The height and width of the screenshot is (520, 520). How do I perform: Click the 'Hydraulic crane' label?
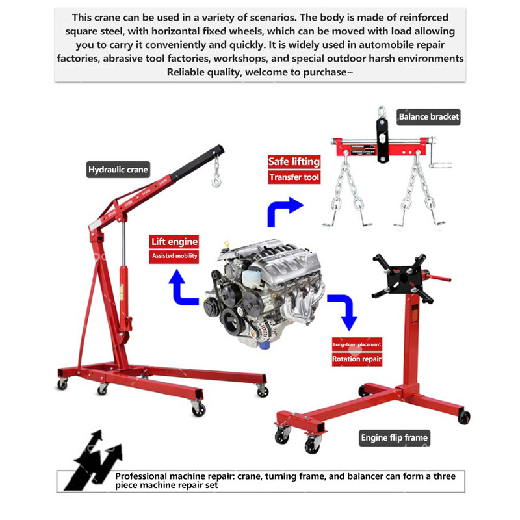119,170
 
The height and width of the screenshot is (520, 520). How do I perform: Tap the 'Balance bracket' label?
428,117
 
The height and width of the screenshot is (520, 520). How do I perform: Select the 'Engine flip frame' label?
395,438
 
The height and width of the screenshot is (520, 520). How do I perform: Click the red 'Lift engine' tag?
174,242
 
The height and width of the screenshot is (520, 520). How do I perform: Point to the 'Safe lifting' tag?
294,161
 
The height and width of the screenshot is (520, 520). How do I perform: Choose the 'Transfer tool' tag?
294,177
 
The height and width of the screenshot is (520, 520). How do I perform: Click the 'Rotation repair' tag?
357,359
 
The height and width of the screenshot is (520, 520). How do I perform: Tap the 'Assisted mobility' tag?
174,256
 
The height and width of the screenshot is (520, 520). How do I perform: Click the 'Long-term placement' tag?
357,344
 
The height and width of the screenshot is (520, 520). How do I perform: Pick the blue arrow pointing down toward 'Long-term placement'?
344,311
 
